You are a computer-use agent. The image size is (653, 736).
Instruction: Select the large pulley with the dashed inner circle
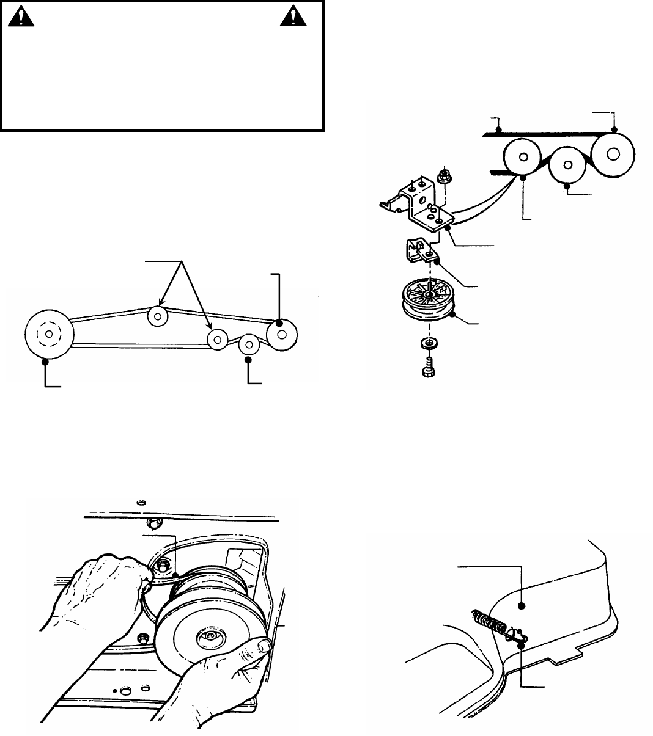coord(48,335)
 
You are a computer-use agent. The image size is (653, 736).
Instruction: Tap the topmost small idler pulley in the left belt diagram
coord(158,316)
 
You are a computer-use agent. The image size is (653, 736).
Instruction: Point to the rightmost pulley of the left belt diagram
coord(282,334)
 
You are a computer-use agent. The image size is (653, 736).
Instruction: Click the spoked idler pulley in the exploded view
coord(430,301)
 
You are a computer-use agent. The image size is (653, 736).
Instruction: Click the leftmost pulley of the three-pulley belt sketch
coord(523,156)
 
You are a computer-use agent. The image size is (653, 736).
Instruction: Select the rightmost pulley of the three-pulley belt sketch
coord(613,153)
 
